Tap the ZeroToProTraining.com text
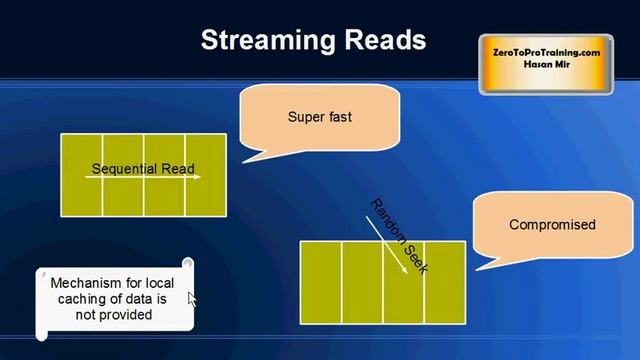(546, 52)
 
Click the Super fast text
(319, 117)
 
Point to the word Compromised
(552, 225)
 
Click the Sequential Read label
(143, 168)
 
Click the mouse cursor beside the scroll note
(192, 299)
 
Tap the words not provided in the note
(113, 314)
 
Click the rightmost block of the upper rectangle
(205, 174)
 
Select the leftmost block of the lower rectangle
(321, 282)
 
